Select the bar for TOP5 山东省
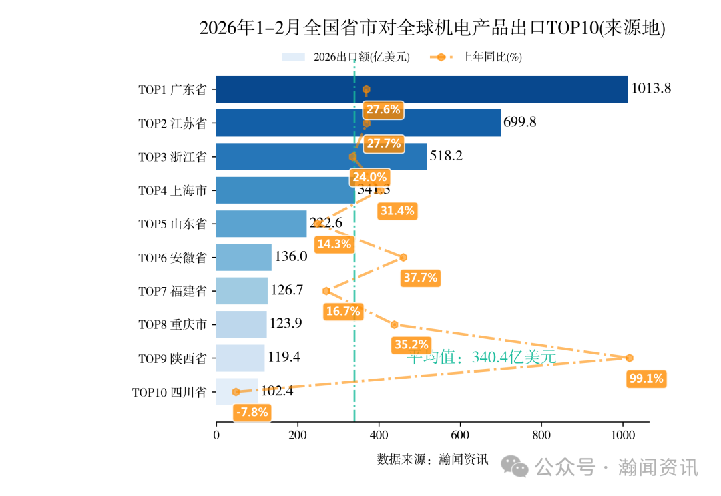point(261,224)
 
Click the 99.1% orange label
point(646,379)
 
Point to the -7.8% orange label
point(252,413)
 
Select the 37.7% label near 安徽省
point(421,278)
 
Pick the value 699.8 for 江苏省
point(520,122)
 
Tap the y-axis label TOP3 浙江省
point(172,157)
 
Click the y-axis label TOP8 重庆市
point(172,324)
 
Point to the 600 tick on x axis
point(460,435)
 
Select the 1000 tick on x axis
point(622,435)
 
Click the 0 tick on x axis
point(216,435)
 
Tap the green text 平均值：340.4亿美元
point(481,357)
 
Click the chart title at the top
point(433,28)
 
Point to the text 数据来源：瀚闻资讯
point(433,459)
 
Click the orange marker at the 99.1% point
point(629,358)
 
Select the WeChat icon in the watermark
point(515,466)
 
